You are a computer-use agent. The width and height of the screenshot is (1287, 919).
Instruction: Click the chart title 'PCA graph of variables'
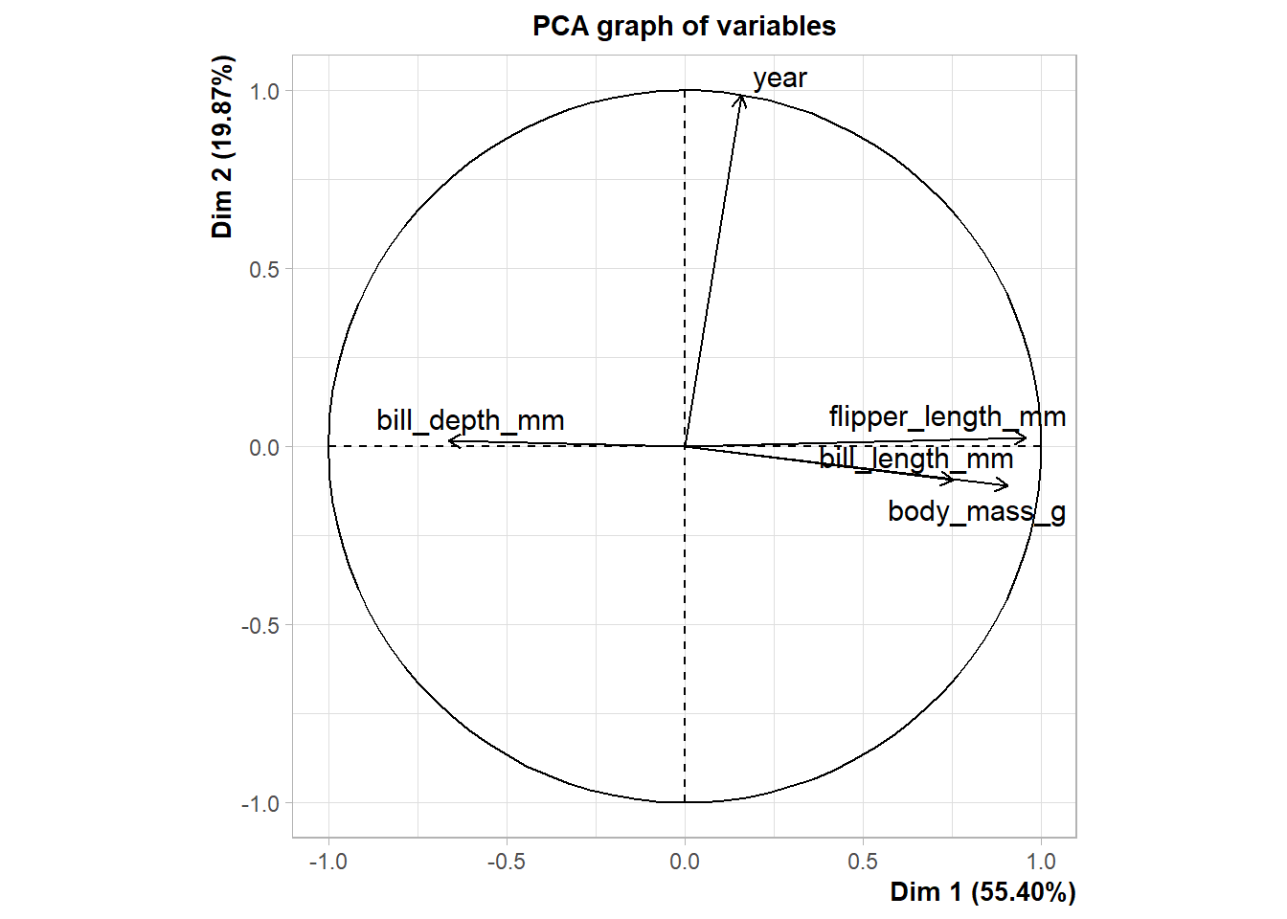(684, 26)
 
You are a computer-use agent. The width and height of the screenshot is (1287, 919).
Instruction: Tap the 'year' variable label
(779, 78)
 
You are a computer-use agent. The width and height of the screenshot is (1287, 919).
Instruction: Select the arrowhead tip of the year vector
(741, 95)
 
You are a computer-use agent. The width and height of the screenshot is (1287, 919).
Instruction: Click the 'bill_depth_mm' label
(470, 420)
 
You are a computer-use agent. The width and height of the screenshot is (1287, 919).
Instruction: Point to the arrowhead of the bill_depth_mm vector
(449, 441)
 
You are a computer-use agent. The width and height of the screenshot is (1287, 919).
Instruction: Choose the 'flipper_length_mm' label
(947, 416)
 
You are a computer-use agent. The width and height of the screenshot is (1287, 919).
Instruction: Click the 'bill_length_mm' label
(916, 459)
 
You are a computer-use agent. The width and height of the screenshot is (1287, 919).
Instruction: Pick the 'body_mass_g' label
(976, 511)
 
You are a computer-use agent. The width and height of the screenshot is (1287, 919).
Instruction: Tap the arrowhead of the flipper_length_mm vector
(1027, 438)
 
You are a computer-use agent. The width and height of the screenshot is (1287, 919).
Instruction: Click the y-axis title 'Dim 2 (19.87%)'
(222, 146)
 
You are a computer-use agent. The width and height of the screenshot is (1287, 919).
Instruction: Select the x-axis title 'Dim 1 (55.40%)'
(982, 892)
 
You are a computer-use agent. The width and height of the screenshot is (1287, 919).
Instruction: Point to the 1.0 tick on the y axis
(264, 92)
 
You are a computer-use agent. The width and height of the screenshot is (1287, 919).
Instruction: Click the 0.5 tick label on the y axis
(264, 270)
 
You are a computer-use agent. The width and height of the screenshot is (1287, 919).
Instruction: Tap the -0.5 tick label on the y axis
(260, 626)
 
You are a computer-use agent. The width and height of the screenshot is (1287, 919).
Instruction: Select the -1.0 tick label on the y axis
(260, 804)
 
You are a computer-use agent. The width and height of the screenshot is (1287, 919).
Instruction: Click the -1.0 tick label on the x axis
(327, 862)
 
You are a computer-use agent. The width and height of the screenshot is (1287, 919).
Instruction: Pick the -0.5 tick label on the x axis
(506, 862)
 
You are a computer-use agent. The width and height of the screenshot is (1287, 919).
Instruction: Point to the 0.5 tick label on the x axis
(863, 862)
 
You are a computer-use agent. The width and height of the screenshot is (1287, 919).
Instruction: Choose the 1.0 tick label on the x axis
(1041, 862)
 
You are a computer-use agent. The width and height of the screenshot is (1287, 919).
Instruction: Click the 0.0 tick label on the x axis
(685, 862)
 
